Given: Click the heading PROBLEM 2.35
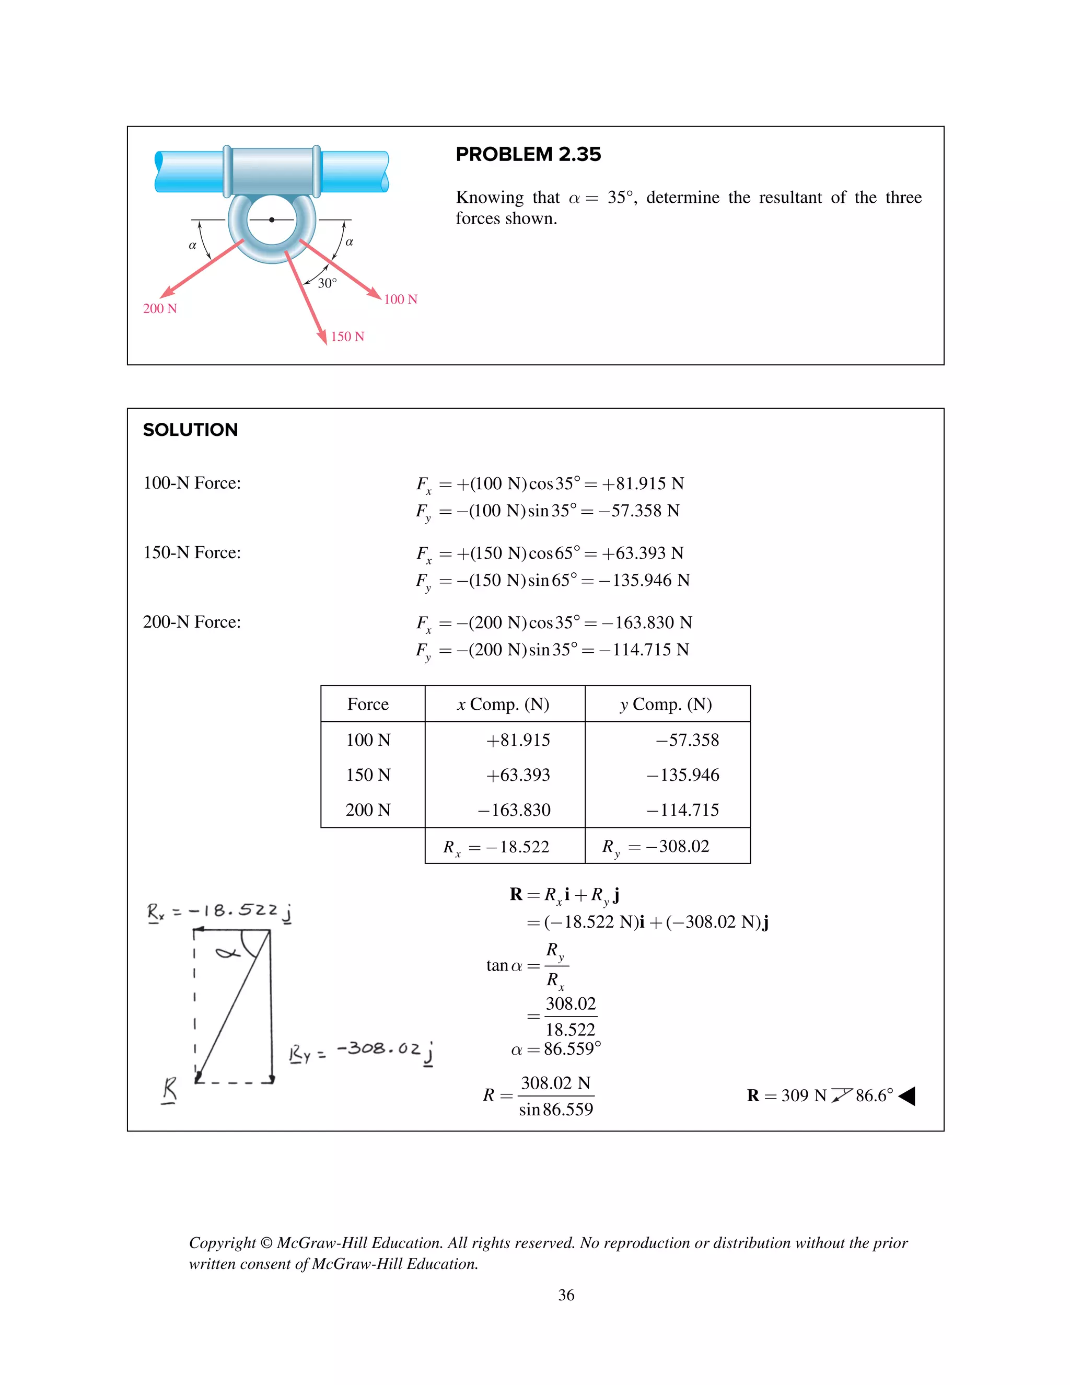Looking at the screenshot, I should coord(528,154).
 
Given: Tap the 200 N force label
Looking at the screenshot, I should coord(160,309).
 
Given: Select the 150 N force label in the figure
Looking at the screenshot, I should coord(347,337).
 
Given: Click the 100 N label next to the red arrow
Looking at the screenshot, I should coord(401,299).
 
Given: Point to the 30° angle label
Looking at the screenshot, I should coord(327,283).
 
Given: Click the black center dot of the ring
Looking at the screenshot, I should coord(271,220).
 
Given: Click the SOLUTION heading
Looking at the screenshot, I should coord(190,430).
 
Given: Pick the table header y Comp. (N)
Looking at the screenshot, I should coord(666,705).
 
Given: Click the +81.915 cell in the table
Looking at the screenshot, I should coord(518,740).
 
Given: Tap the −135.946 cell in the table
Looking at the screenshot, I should coord(683,775).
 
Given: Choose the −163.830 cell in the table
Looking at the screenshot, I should coord(514,810).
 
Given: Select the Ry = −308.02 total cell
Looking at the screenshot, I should coord(656,847).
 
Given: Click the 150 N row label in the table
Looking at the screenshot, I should coord(368,775).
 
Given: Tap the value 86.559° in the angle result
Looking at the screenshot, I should coord(572,1049).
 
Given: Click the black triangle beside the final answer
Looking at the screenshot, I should coord(907,1096).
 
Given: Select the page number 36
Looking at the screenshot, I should coord(566,1295).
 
